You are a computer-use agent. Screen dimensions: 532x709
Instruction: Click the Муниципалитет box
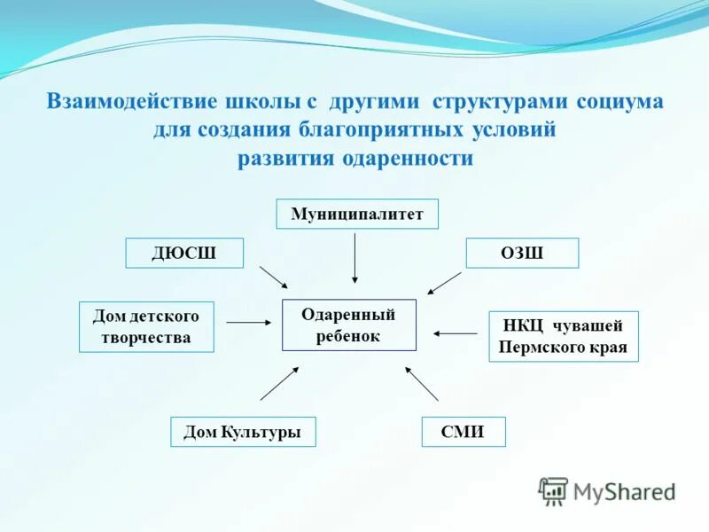[x=357, y=214]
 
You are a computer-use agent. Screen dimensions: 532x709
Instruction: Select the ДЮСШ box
[x=184, y=253]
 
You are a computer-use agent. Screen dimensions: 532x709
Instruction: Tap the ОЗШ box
[x=522, y=253]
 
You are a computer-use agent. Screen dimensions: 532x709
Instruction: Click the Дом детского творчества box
[x=146, y=326]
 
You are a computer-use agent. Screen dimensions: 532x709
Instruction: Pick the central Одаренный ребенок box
[x=348, y=325]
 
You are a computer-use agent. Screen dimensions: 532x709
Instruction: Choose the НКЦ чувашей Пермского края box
[x=563, y=336]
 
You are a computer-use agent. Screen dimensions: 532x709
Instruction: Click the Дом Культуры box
[x=243, y=432]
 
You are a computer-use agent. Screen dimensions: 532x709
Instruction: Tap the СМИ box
[x=463, y=432]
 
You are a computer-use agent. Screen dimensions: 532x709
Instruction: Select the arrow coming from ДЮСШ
[x=274, y=277]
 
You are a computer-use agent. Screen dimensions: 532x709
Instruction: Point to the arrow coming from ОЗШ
[x=444, y=283]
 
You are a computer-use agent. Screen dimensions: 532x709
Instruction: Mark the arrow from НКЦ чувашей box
[x=456, y=333]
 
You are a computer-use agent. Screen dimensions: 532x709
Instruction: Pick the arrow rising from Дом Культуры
[x=279, y=383]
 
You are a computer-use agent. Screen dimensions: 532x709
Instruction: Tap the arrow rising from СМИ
[x=422, y=383]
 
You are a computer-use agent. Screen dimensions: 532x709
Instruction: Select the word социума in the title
[x=619, y=101]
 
